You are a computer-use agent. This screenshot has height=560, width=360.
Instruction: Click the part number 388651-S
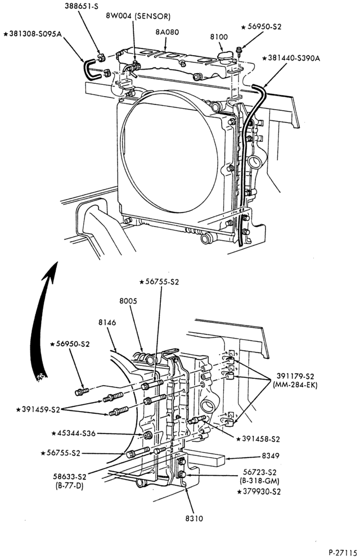81,6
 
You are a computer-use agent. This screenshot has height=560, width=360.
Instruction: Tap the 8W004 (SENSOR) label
138,16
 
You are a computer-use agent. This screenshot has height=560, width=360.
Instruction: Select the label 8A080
167,32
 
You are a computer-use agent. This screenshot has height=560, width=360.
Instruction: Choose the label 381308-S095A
33,34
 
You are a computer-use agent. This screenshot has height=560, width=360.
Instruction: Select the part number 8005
128,301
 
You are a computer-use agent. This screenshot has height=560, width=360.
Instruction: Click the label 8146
107,323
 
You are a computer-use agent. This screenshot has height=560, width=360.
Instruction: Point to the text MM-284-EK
295,385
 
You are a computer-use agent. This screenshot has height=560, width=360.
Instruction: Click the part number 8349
271,456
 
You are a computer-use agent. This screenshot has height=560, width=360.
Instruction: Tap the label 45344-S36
73,433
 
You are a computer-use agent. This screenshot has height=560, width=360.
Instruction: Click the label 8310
194,518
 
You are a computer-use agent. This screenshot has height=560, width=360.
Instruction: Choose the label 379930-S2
259,492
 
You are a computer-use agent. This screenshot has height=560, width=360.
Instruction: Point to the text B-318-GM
260,480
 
